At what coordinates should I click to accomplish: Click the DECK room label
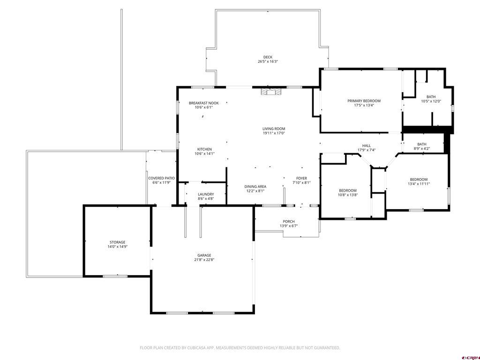(268, 57)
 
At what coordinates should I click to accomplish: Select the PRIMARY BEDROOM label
(364, 101)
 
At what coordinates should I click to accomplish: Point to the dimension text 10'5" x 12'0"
(431, 101)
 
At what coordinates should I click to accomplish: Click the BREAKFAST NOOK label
(203, 103)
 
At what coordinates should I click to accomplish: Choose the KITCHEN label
(204, 150)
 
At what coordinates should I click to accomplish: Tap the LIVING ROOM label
(274, 129)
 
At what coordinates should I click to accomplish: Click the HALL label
(367, 146)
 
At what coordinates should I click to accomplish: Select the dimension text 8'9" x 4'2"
(422, 149)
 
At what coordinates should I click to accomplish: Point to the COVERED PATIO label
(161, 178)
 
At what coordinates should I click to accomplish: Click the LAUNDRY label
(206, 195)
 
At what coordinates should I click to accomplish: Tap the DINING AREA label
(255, 187)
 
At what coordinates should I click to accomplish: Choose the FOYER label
(301, 178)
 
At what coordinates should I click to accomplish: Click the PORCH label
(289, 221)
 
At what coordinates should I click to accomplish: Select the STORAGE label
(118, 242)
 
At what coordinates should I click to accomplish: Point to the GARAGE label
(204, 255)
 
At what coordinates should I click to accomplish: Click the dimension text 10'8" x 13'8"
(348, 195)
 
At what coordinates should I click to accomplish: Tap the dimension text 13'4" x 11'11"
(419, 184)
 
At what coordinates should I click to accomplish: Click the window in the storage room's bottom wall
(115, 276)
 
